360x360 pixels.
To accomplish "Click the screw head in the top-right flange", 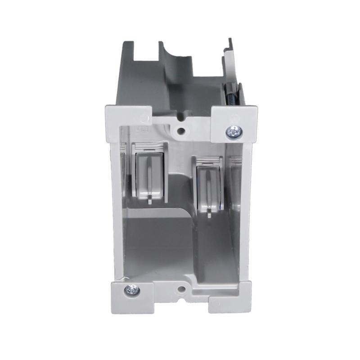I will click(x=234, y=131).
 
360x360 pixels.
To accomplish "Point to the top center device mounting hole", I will click(x=181, y=131).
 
